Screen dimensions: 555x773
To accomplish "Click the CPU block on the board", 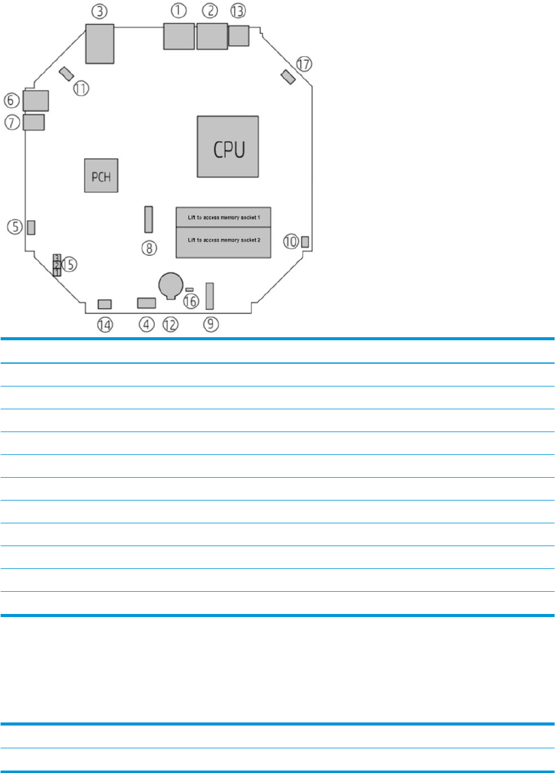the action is coord(227,146).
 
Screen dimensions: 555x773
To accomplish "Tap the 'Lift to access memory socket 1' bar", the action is coord(224,217).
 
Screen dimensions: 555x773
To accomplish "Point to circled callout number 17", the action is coord(304,63).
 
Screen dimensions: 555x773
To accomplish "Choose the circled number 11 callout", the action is coord(81,88).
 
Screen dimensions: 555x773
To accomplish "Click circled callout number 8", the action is coord(149,248).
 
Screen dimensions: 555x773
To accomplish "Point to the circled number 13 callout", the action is coord(237,10).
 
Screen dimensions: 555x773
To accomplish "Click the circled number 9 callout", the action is coord(211,324).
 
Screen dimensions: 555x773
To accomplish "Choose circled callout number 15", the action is coord(69,264).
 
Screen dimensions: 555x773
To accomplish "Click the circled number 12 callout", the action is coord(169,324).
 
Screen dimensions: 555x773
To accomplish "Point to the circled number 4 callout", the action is coord(146,324).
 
